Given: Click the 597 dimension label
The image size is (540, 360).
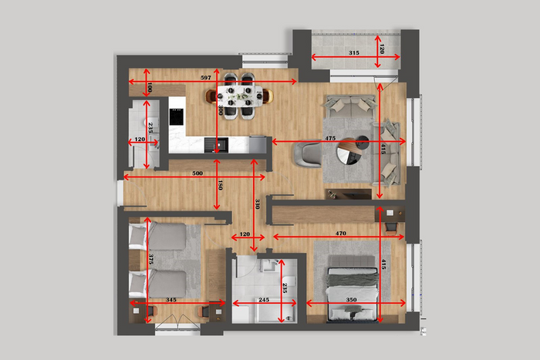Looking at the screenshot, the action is coord(206,78).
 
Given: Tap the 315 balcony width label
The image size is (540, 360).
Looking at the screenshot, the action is coord(353,53).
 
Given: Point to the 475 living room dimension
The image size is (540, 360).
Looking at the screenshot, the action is coord(330,138).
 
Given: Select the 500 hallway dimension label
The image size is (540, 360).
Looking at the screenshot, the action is coord(197,173).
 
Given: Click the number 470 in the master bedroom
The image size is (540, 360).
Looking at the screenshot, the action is coord(341,234).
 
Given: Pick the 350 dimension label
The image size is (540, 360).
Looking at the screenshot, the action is coord(351,300).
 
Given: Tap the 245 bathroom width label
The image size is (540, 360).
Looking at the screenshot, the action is coord(264,300).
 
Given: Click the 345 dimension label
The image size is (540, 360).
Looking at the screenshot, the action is coord(170,300).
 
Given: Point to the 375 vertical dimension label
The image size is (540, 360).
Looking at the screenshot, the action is coord(150,259).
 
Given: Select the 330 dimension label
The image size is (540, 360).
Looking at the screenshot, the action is coord(257,204).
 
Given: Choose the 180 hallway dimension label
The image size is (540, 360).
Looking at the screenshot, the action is coord(221,185).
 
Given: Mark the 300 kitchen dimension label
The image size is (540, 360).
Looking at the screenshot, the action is coord(221,110).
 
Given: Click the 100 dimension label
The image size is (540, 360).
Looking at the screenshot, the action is coord(150,87).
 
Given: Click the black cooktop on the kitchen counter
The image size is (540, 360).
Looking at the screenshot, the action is coord(177,116).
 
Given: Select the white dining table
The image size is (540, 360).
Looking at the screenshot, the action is coord(239,96).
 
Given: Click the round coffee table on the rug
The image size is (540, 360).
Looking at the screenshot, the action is coord(349,151).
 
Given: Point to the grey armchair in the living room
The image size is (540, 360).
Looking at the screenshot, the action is coord(308,155).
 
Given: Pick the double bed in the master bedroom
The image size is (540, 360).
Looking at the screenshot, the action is coord(352,288).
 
